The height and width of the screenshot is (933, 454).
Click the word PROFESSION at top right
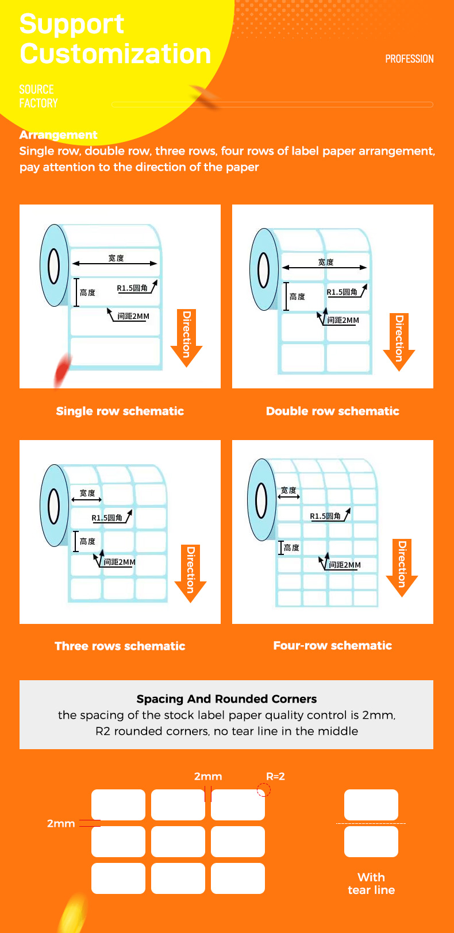pos(409,59)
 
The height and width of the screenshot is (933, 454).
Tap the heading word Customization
pos(116,53)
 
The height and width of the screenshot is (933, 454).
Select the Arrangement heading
pos(58,134)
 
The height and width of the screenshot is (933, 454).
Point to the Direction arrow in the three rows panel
pos(190,573)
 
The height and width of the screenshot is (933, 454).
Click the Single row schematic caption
pos(120,411)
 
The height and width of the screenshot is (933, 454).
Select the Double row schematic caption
pos(332,411)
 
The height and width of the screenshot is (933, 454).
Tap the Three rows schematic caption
pos(120,646)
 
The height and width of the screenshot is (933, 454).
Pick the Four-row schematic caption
pos(332,645)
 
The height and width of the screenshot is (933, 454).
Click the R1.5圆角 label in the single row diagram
pos(132,288)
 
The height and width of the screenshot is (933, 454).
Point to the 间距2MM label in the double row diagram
pos(343,320)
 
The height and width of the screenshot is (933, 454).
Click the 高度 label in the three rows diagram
pos(87,541)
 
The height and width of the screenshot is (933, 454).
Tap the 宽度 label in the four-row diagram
pos(288,490)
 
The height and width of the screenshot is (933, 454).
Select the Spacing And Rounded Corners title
pos(226,699)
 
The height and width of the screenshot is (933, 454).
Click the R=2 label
pos(275,776)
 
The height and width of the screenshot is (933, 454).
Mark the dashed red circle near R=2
pos(263,791)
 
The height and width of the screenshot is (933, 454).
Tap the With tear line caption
pos(371,884)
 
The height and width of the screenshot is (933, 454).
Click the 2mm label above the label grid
pos(208,776)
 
